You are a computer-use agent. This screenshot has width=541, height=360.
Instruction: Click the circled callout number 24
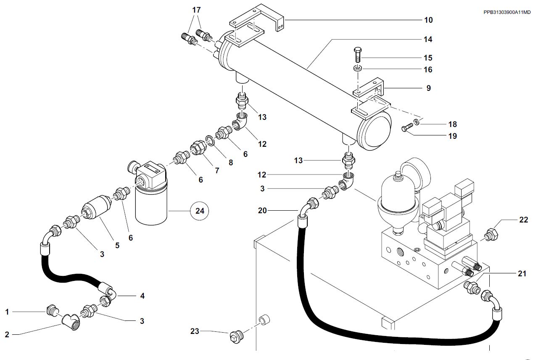click(200, 211)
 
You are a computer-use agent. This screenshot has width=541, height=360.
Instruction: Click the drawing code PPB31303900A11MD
click(507, 12)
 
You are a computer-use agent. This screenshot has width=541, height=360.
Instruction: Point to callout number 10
click(428, 20)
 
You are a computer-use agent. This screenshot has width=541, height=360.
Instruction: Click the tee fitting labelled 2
click(71, 322)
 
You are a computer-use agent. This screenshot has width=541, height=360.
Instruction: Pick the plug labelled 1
click(51, 310)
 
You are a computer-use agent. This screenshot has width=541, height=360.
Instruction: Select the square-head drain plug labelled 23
click(236, 336)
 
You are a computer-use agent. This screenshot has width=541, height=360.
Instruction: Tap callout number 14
click(428, 39)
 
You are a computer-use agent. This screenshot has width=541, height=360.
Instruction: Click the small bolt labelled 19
click(407, 127)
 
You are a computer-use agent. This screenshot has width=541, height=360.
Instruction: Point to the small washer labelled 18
click(417, 122)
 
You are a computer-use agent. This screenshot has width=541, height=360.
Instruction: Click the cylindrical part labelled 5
click(96, 207)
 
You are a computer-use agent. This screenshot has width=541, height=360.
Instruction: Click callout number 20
click(262, 211)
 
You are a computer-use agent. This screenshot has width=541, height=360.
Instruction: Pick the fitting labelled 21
click(472, 288)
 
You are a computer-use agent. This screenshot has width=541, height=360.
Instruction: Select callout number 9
click(428, 88)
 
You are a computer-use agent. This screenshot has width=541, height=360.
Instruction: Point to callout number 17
click(196, 10)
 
